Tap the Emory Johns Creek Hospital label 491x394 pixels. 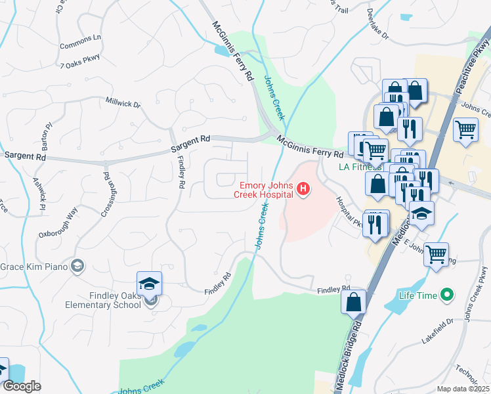[265, 189]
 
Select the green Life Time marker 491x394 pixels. [448, 295]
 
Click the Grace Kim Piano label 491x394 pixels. [34, 267]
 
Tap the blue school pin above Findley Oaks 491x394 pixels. [149, 284]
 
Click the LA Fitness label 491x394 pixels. [360, 167]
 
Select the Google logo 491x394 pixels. [22, 386]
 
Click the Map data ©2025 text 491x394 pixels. [463, 389]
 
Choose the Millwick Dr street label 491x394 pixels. [123, 102]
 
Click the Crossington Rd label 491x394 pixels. [105, 188]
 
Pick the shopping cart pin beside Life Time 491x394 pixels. [436, 253]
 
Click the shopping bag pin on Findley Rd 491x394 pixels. [353, 302]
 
